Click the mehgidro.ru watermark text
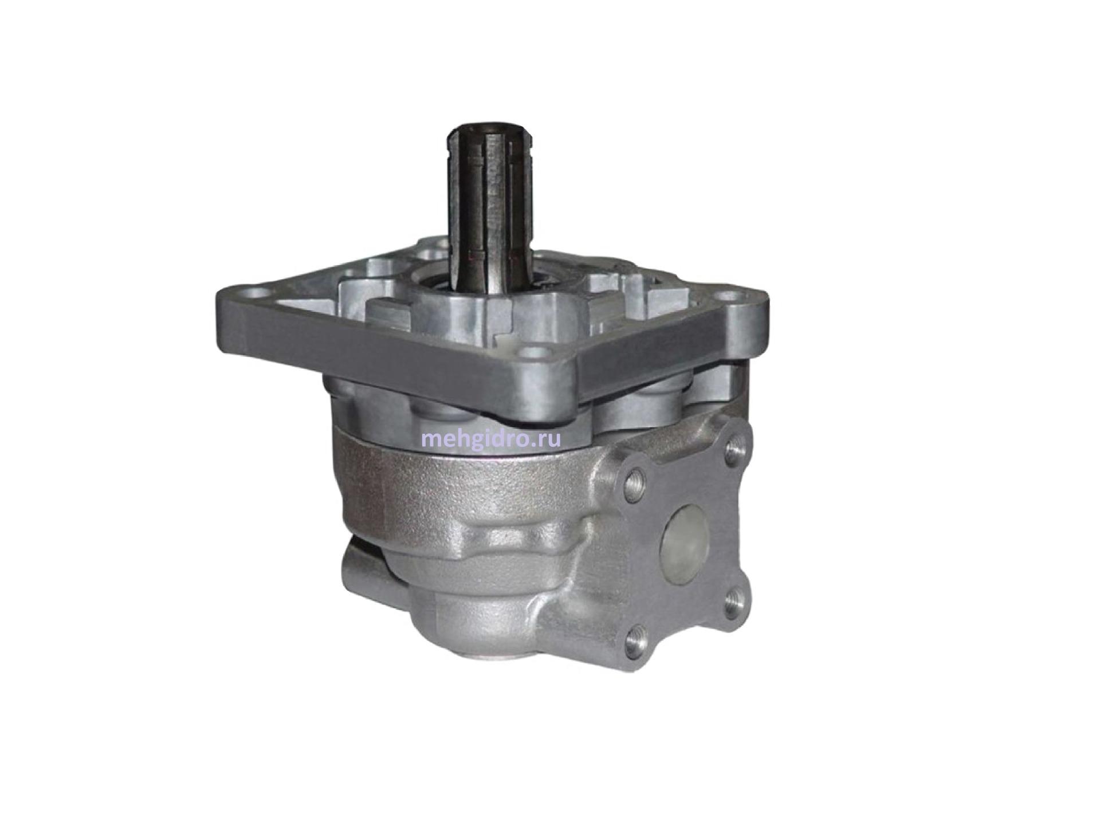(490, 440)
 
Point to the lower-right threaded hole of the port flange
(733, 603)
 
